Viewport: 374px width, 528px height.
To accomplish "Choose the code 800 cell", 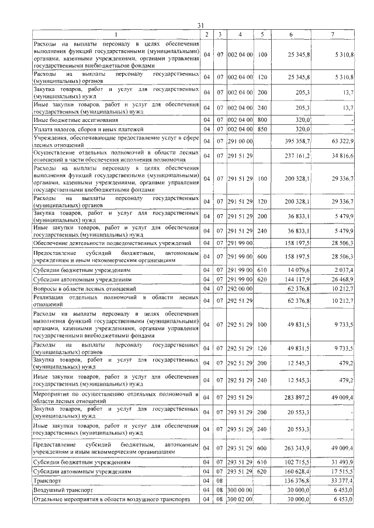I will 262,120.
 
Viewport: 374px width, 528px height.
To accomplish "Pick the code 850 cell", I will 262,129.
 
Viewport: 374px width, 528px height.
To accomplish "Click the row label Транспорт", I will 49,481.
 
